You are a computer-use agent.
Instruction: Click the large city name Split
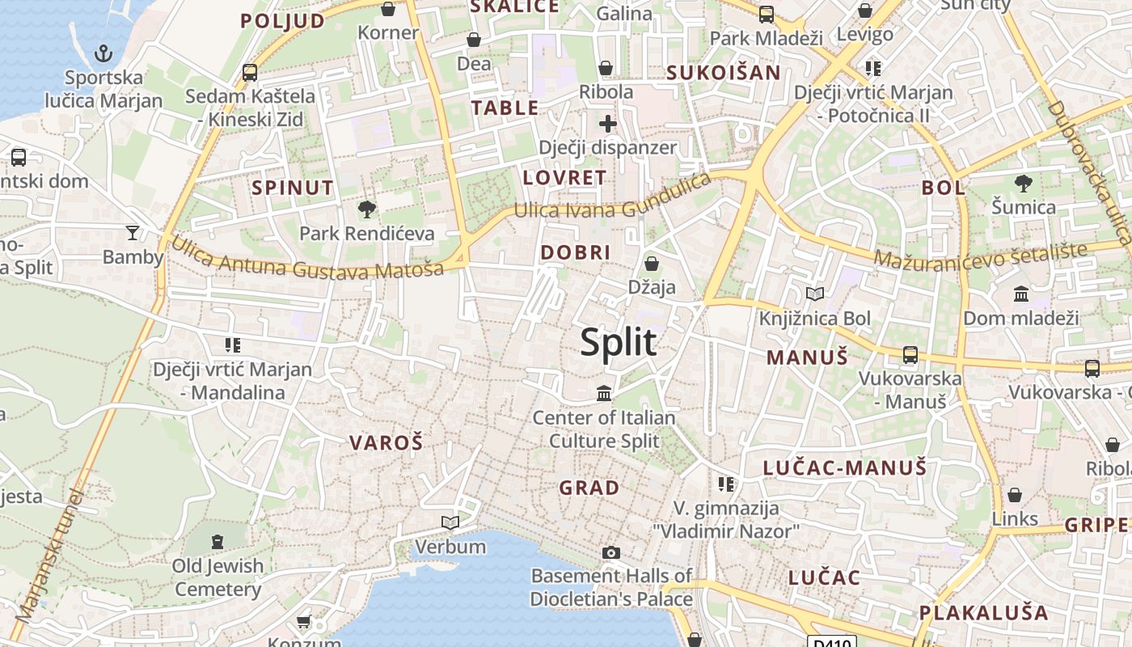(x=619, y=343)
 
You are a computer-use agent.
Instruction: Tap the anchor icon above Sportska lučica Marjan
(x=103, y=54)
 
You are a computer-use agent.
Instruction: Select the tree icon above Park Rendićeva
(x=367, y=209)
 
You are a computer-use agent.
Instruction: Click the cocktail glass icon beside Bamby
(x=133, y=234)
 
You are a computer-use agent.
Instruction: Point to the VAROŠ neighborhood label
(x=386, y=442)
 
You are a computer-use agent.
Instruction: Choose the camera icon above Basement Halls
(x=611, y=552)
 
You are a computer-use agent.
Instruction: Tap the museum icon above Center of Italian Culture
(x=603, y=394)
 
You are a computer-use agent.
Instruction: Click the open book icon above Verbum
(x=450, y=523)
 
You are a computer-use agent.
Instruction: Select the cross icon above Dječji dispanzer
(x=608, y=124)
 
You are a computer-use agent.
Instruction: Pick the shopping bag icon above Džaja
(x=651, y=264)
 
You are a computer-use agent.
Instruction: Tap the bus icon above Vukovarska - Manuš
(x=910, y=354)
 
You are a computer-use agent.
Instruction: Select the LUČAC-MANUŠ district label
(x=845, y=467)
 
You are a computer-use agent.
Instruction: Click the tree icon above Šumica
(x=1024, y=184)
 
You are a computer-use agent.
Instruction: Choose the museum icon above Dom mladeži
(x=1021, y=294)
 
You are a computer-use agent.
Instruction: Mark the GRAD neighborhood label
(x=589, y=488)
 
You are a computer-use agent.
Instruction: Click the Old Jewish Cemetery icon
(x=218, y=541)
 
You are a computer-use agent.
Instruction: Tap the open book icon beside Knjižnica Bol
(x=815, y=294)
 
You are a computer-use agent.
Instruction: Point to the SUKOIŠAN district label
(x=724, y=73)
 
